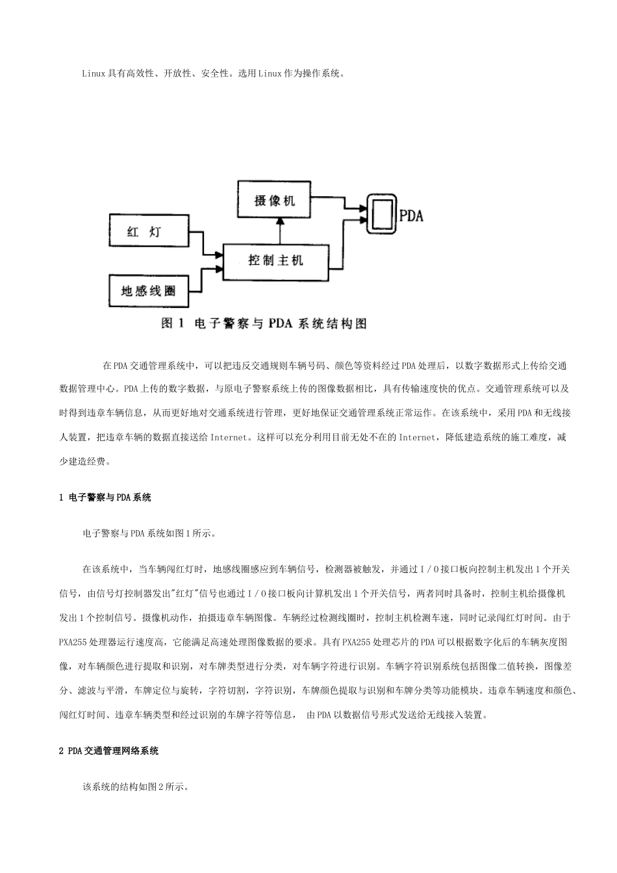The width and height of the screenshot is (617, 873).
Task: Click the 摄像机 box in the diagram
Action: click(274, 200)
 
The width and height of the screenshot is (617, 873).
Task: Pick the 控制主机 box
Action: click(277, 261)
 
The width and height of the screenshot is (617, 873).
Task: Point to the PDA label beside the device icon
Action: click(410, 216)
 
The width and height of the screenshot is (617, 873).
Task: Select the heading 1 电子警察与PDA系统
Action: click(105, 498)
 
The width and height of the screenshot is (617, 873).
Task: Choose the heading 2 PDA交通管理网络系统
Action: click(108, 751)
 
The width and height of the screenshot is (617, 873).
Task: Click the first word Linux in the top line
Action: click(94, 73)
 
